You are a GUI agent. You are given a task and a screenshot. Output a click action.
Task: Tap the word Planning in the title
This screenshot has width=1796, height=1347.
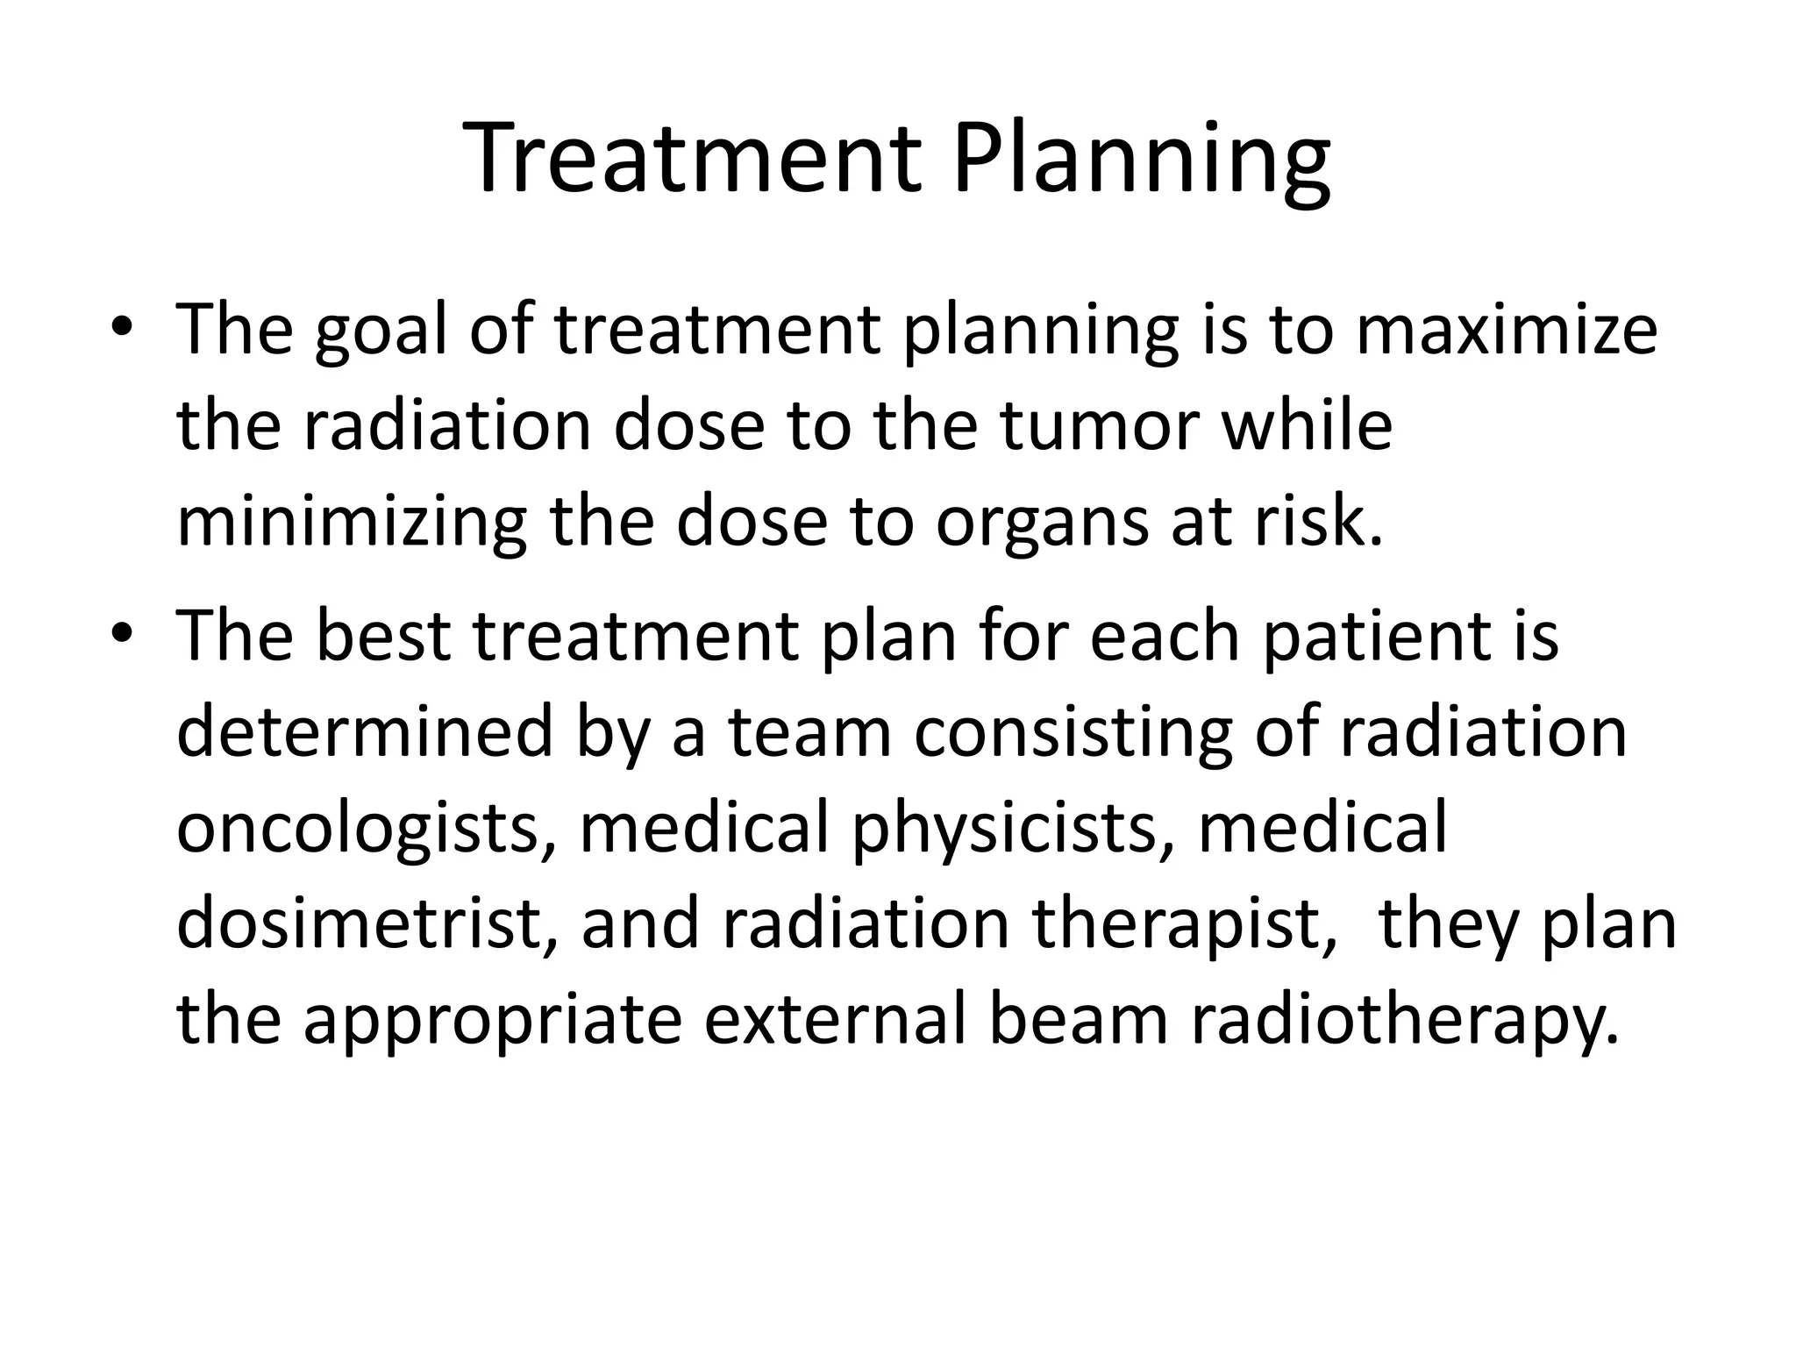coord(1141,160)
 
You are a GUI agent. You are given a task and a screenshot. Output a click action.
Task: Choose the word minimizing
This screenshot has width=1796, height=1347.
coord(351,522)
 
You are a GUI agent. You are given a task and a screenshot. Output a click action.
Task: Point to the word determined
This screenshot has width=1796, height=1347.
coord(364,732)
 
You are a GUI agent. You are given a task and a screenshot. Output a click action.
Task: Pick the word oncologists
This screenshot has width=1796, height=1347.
coord(366,829)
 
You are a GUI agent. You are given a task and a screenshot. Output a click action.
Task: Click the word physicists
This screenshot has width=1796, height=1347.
coord(1012,829)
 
